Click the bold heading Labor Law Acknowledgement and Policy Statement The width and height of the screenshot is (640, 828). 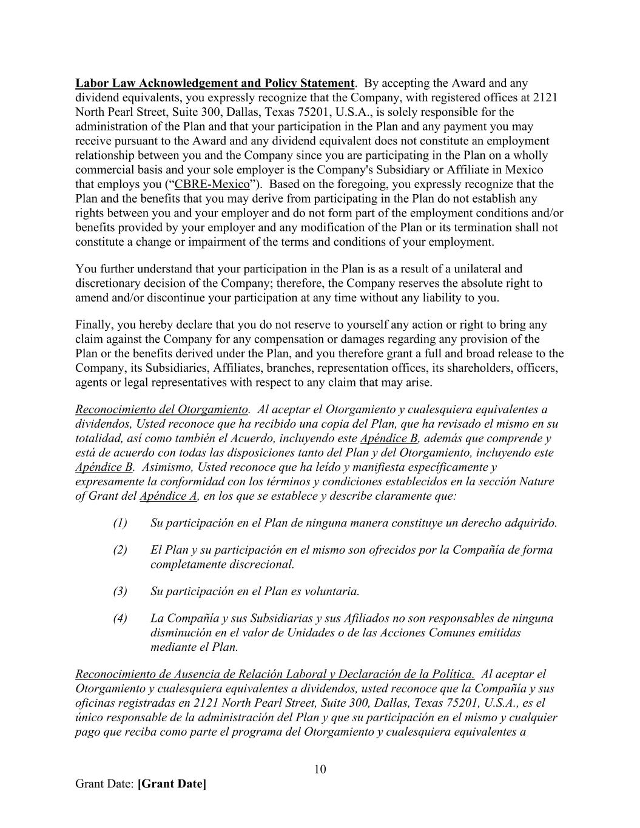click(215, 83)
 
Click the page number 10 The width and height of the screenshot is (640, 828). click(320, 770)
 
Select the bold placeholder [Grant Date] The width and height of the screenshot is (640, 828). click(172, 784)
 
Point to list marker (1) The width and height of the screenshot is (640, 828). click(120, 523)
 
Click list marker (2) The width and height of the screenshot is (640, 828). click(120, 550)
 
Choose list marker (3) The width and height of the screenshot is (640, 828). click(120, 591)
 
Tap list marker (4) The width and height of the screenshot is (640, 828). click(120, 619)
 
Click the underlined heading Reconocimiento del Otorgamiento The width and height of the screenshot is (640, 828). click(161, 409)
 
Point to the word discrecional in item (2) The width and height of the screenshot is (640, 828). click(264, 565)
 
